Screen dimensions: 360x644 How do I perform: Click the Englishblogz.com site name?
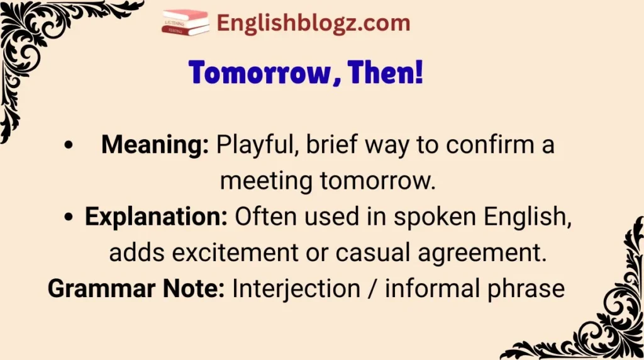tap(313, 23)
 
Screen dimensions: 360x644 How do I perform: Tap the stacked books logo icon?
tap(186, 23)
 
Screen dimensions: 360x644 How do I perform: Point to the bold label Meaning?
tap(155, 145)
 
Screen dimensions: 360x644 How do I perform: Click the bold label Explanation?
tap(156, 217)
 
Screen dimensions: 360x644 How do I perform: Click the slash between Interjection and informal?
tap(371, 289)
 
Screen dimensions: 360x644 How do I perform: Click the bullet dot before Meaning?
tap(67, 146)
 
